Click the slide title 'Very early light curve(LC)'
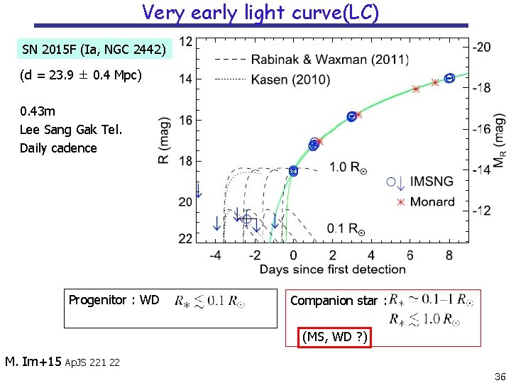pos(260,12)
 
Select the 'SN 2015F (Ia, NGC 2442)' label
pos(94,50)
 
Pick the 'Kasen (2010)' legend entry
pos(291,79)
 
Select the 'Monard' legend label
pos(432,201)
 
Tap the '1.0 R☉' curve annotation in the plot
pos(348,167)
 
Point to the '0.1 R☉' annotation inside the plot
pos(346,228)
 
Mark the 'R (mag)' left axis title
pos(164,140)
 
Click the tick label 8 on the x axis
pos(449,255)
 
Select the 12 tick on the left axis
pos(185,42)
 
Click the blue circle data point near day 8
pos(449,78)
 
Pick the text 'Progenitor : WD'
pos(114,300)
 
